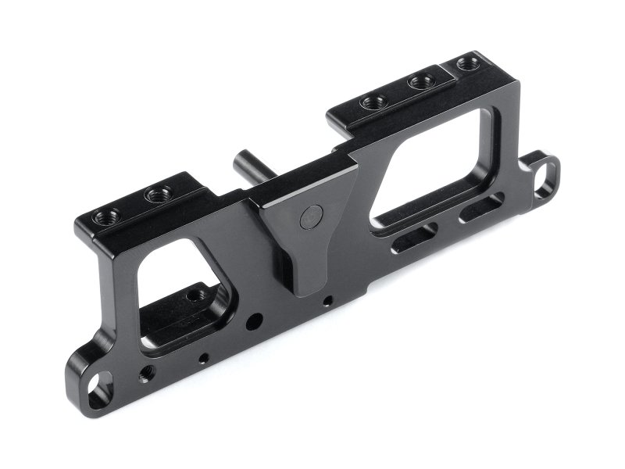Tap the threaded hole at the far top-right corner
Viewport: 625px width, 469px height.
[x=469, y=61]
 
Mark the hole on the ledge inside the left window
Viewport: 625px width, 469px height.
[x=192, y=296]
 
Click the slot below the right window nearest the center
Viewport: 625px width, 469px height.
[x=414, y=237]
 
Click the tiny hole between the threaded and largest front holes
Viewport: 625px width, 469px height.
[x=203, y=358]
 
